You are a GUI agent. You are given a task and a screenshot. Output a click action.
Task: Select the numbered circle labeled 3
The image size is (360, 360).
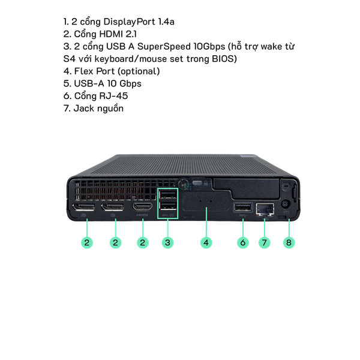[168, 242]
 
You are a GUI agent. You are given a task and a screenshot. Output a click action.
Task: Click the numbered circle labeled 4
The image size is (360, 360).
[206, 242]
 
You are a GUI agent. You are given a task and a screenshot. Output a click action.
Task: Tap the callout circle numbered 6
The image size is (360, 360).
[243, 242]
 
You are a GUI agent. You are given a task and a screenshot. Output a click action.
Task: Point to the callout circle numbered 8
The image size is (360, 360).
[289, 242]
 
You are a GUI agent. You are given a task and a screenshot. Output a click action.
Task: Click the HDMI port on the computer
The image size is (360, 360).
[143, 208]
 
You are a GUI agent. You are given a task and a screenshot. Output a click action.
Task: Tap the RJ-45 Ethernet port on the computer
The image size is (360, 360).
[265, 209]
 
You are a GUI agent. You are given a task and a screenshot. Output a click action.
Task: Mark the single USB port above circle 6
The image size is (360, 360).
[242, 208]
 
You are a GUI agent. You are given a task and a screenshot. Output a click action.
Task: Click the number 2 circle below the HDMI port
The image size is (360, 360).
[143, 242]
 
